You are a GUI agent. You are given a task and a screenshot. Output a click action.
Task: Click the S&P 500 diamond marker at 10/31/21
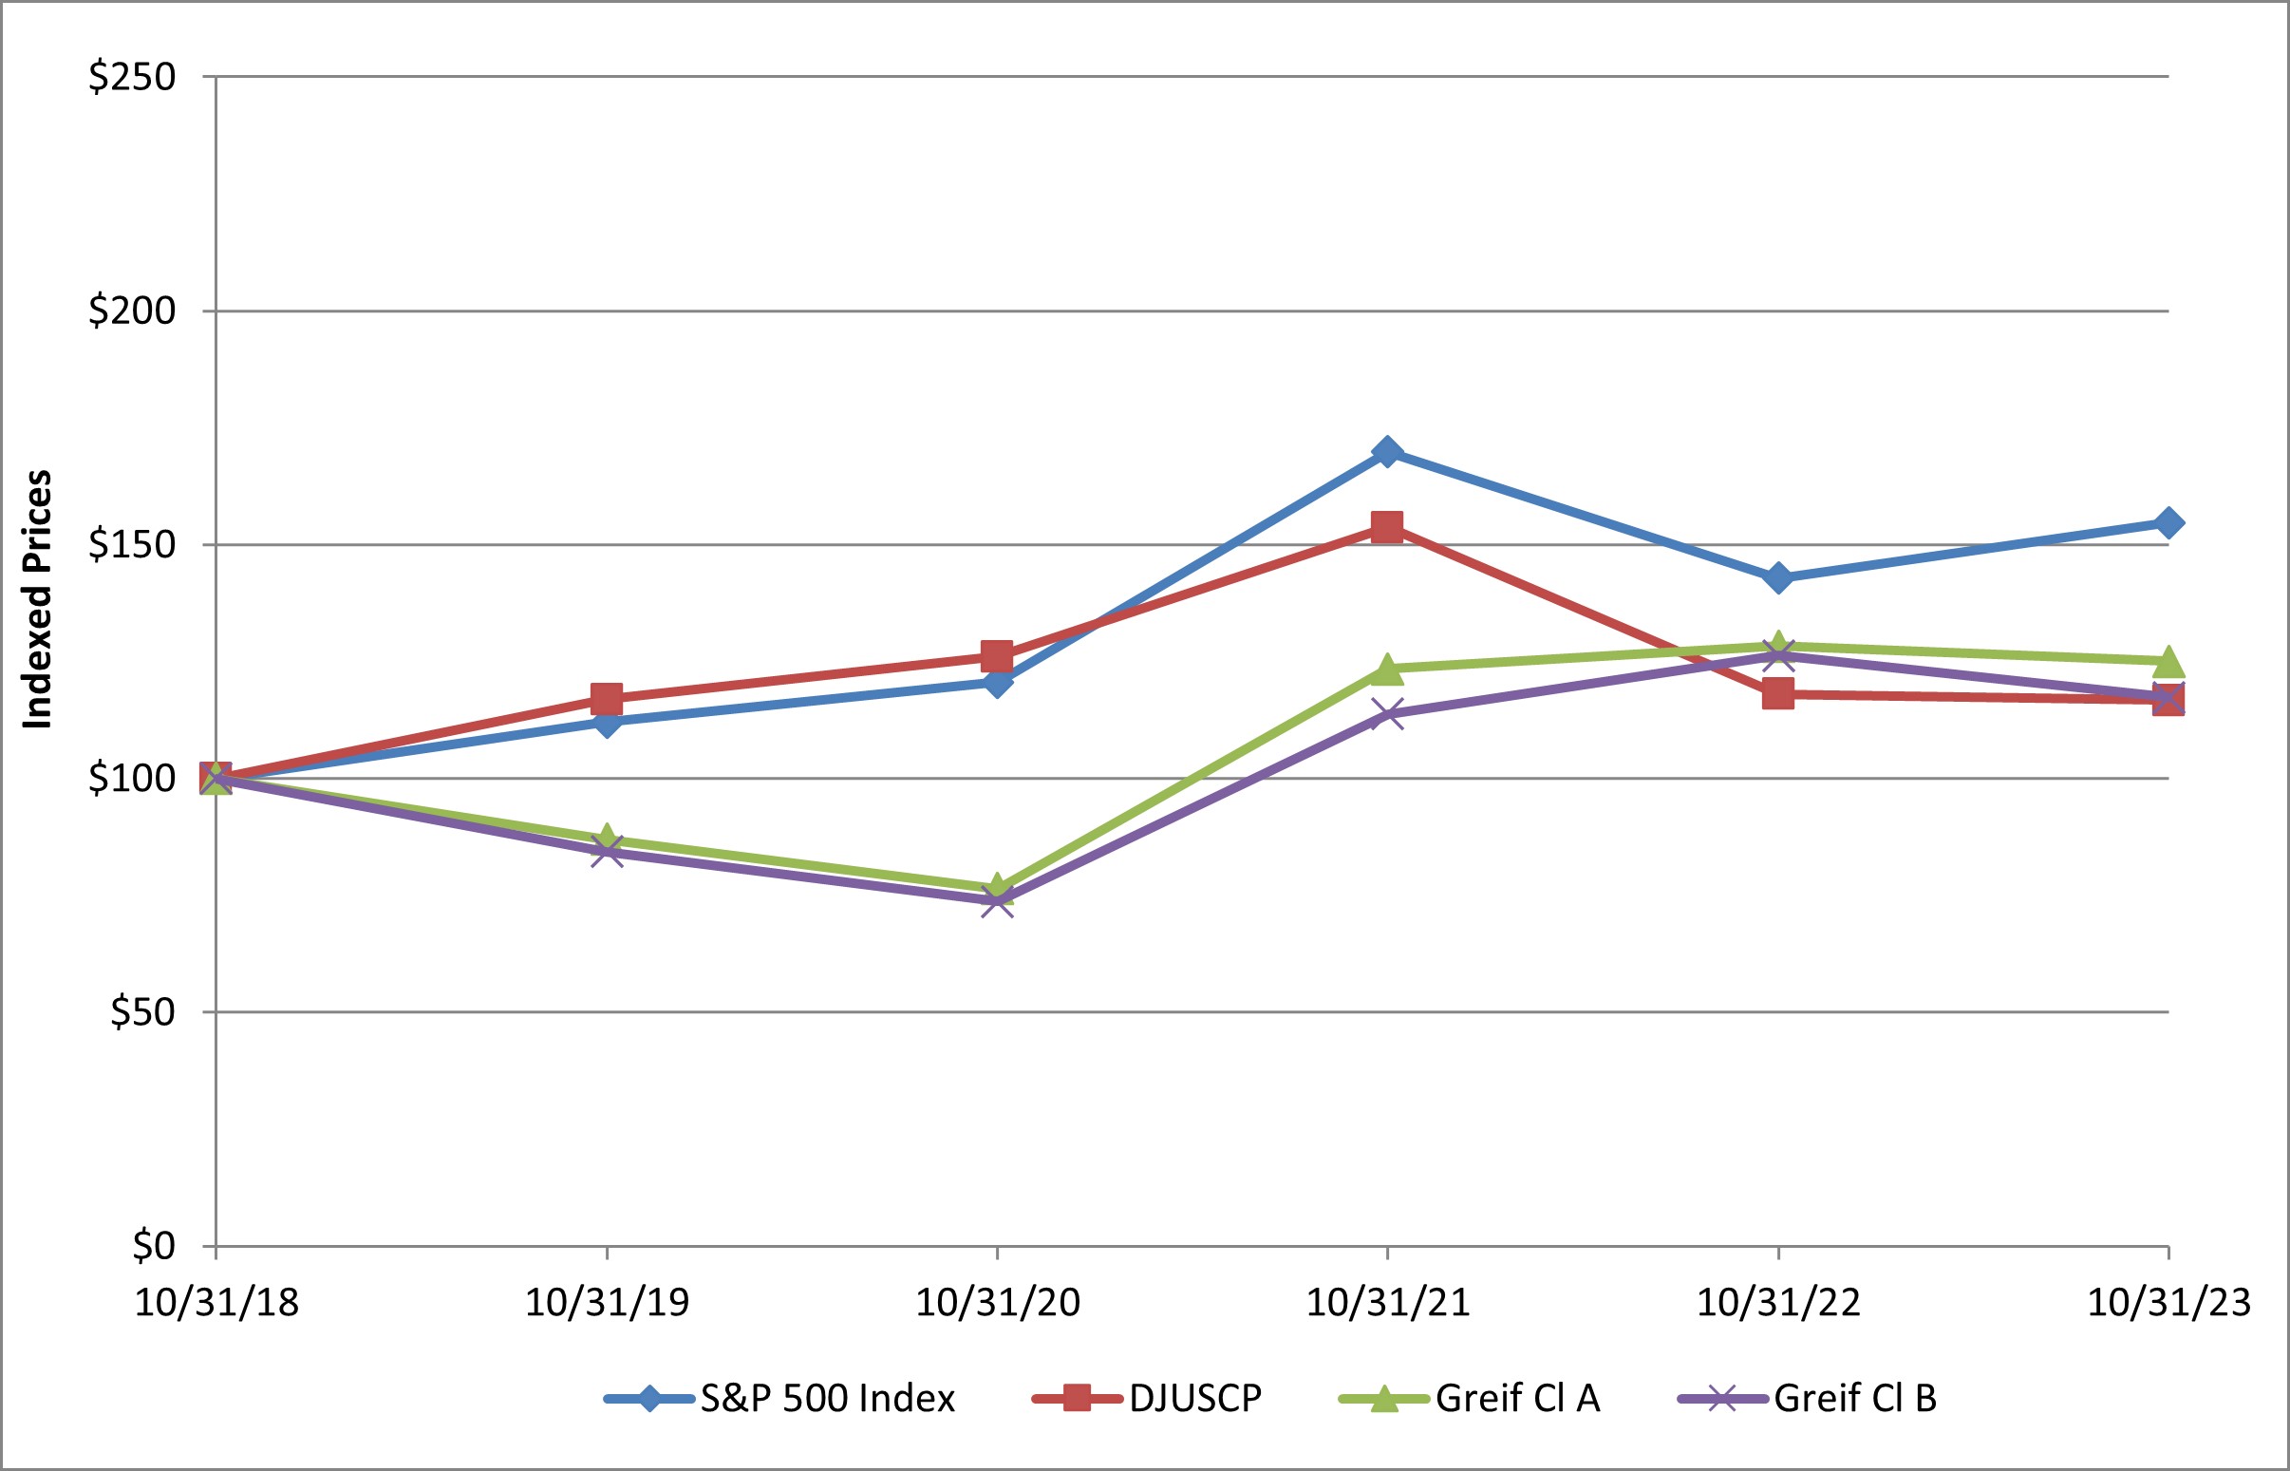pyautogui.click(x=1387, y=451)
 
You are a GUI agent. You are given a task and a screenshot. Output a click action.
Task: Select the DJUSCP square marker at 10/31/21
pyautogui.click(x=1387, y=526)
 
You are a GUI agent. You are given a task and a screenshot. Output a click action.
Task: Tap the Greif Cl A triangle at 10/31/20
pyautogui.click(x=997, y=887)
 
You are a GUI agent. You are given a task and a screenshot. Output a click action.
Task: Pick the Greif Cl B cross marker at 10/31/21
pyautogui.click(x=1387, y=713)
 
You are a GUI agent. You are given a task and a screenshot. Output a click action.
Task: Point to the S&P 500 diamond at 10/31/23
pyautogui.click(x=2168, y=522)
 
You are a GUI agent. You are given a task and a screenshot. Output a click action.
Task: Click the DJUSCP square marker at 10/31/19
pyautogui.click(x=607, y=698)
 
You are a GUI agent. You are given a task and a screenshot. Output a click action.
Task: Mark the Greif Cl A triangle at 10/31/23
pyautogui.click(x=2168, y=660)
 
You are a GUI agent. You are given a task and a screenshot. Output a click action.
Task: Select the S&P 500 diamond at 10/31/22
pyautogui.click(x=1778, y=578)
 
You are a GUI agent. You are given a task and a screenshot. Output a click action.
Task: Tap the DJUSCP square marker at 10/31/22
pyautogui.click(x=1778, y=693)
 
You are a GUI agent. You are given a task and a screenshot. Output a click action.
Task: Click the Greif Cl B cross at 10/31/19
pyautogui.click(x=607, y=850)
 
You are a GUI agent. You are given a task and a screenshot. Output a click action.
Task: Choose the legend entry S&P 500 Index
pyautogui.click(x=827, y=1399)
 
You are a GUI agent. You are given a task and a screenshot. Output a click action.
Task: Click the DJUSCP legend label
pyautogui.click(x=1194, y=1399)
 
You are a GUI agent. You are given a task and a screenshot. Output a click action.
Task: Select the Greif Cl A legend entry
pyautogui.click(x=1517, y=1399)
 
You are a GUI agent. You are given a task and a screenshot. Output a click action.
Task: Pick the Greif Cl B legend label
pyautogui.click(x=1854, y=1399)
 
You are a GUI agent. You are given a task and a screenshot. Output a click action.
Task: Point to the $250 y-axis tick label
pyautogui.click(x=133, y=77)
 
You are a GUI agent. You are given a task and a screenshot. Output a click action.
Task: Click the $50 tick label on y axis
pyautogui.click(x=143, y=1012)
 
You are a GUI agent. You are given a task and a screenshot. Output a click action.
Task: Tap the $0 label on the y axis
pyautogui.click(x=154, y=1247)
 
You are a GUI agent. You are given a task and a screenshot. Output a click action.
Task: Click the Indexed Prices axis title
pyautogui.click(x=37, y=600)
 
